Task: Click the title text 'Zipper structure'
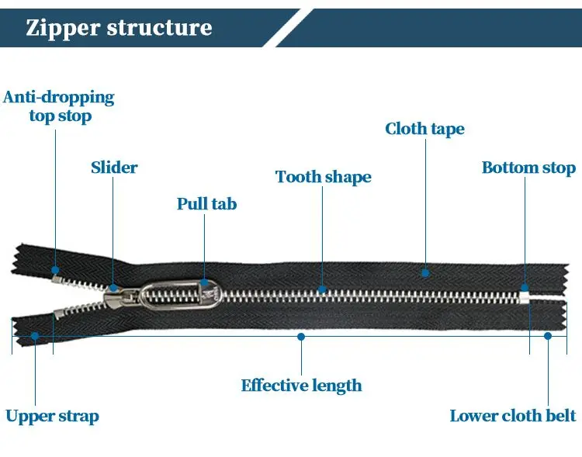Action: tap(119, 28)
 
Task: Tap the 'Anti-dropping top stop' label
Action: tap(60, 107)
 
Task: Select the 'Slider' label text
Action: tap(114, 168)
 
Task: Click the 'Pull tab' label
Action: tap(206, 205)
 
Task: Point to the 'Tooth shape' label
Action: tap(324, 177)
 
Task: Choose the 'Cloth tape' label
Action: tap(424, 129)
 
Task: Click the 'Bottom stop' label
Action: tap(528, 168)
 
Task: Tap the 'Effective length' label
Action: tap(301, 386)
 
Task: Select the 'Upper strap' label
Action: tap(53, 417)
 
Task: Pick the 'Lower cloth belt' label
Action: tap(513, 417)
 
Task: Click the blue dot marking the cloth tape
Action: tap(425, 272)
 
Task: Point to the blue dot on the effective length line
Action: tap(301, 336)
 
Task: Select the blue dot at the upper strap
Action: tap(34, 336)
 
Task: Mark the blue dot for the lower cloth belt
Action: tap(548, 336)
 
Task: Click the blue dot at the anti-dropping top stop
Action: tap(55, 270)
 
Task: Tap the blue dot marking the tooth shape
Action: tap(324, 290)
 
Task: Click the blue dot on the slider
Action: tap(114, 289)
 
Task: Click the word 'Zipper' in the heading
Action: tap(63, 28)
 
